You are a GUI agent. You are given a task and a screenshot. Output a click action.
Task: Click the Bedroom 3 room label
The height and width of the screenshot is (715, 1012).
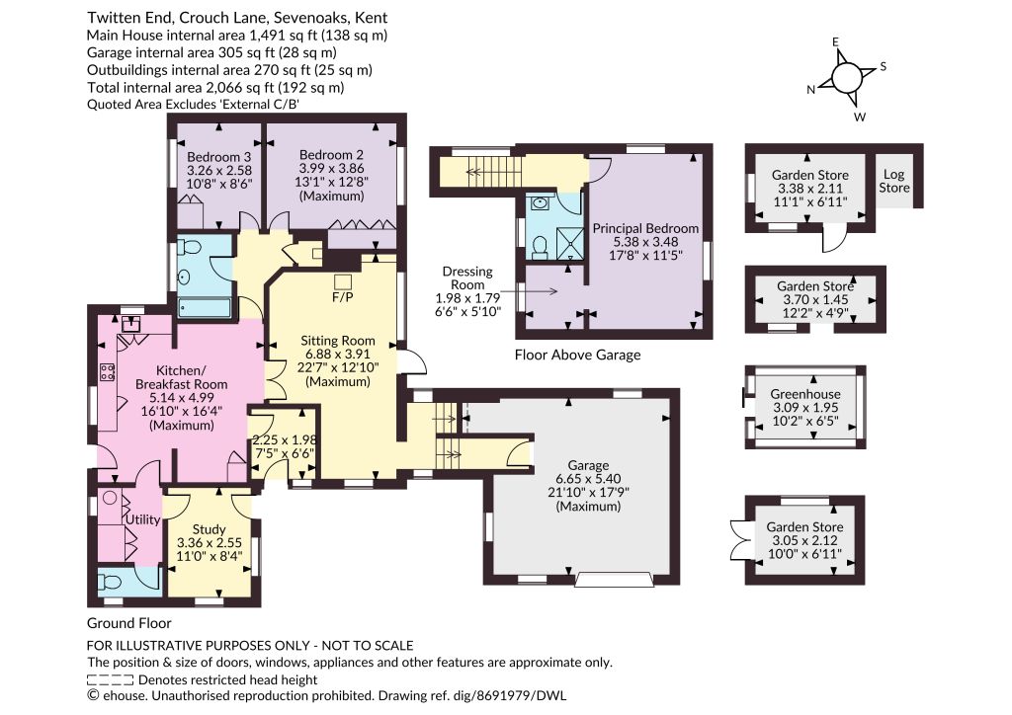pos(218,157)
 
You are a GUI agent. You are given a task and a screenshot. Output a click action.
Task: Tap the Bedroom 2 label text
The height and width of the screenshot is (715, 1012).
pos(331,155)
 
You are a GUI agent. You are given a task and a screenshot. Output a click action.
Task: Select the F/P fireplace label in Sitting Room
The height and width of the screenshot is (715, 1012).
pos(343,297)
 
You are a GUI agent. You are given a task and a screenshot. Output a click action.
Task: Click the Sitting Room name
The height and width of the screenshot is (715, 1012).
pos(338,341)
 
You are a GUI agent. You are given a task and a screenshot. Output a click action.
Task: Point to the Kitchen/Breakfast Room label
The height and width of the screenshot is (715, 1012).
pos(182,377)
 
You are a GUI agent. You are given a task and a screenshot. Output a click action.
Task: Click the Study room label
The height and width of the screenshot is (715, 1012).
pos(210,529)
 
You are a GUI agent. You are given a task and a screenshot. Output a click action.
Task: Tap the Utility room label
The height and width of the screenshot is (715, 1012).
pos(142,519)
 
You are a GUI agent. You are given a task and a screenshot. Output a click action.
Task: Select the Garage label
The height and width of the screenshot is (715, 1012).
pos(588,465)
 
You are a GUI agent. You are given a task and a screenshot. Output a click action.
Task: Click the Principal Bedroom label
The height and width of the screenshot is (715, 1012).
pos(645,228)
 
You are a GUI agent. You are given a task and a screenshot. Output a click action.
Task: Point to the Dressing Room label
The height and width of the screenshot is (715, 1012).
pos(467,278)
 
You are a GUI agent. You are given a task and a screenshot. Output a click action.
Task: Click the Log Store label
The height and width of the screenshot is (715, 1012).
pos(893,181)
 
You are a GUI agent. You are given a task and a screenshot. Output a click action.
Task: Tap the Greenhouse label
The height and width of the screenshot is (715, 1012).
pos(805,394)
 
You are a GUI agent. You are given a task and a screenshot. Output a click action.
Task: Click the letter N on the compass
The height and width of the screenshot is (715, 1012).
pos(810,90)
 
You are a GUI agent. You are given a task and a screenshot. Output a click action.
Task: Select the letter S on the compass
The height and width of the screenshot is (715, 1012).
pos(883,66)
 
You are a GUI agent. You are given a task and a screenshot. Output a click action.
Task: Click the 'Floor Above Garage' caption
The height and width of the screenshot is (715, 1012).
pos(577,355)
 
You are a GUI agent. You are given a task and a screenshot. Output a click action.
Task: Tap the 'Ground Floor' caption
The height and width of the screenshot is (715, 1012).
pos(129,623)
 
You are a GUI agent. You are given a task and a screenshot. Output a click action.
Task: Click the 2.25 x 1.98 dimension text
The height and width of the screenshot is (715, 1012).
pos(284,439)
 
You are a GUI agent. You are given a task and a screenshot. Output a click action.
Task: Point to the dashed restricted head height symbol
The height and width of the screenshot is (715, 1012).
pos(111,679)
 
